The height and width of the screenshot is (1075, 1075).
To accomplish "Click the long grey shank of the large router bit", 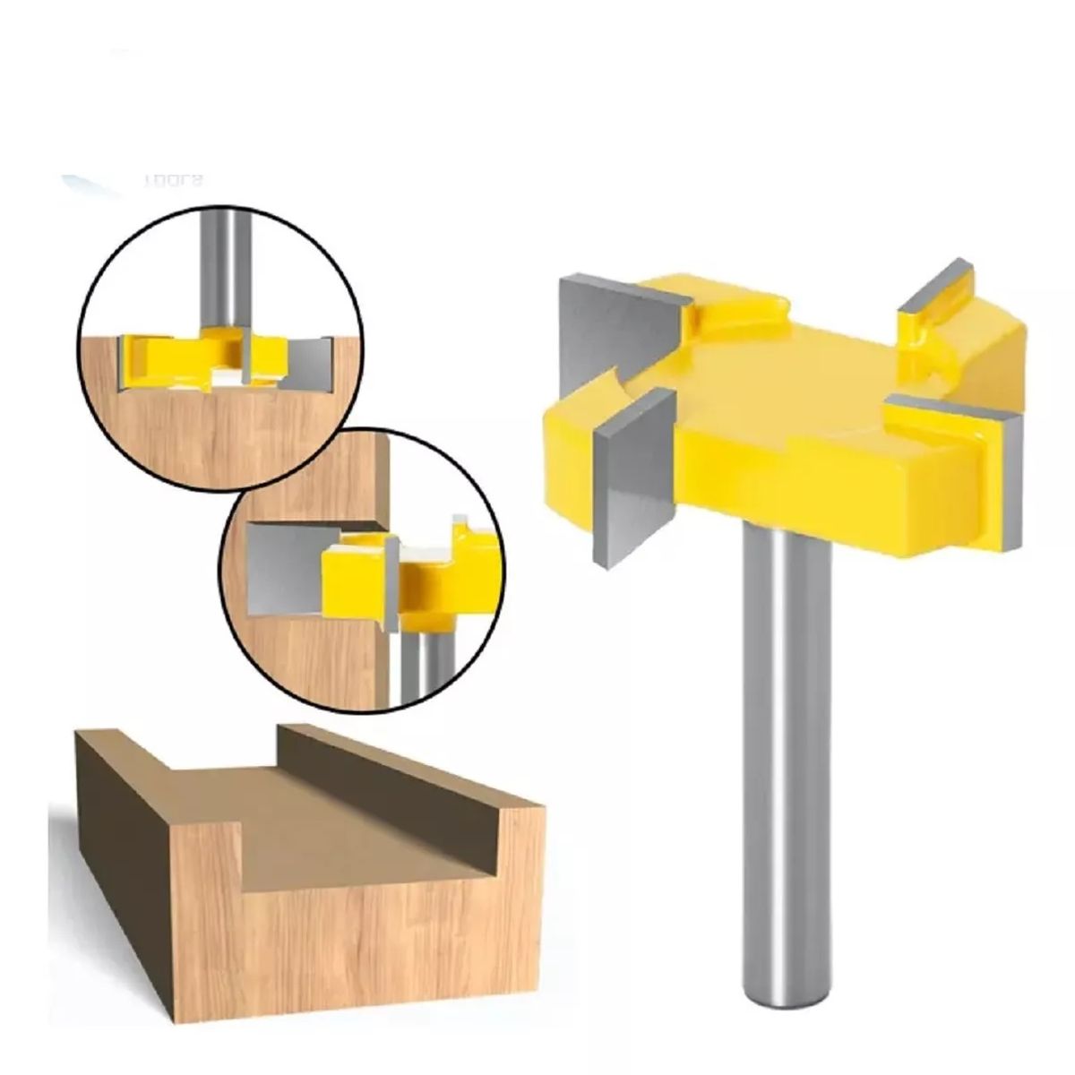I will click(x=786, y=717).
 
